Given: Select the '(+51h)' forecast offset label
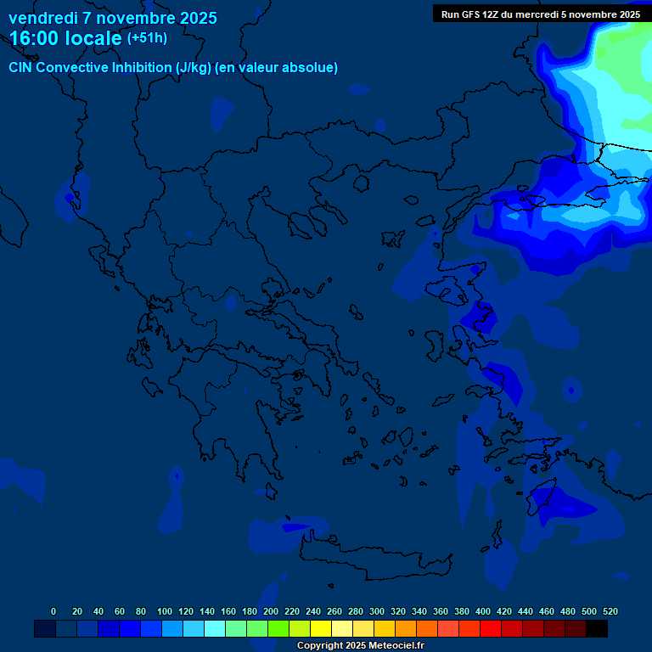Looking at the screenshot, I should tap(147, 37).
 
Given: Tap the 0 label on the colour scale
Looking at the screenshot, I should tap(53, 611).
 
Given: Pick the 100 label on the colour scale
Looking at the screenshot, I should tap(165, 611).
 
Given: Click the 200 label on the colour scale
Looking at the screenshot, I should tap(271, 611).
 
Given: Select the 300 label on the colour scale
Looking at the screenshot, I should tap(377, 611).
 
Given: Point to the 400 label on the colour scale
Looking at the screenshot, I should tap(483, 611).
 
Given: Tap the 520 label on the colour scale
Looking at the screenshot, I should tap(610, 611).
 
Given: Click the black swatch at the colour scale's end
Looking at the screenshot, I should tap(597, 629).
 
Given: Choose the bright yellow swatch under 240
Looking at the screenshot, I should tap(320, 629).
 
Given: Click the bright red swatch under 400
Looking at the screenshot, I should tap(490, 629).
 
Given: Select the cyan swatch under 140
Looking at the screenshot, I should tap(214, 629).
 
